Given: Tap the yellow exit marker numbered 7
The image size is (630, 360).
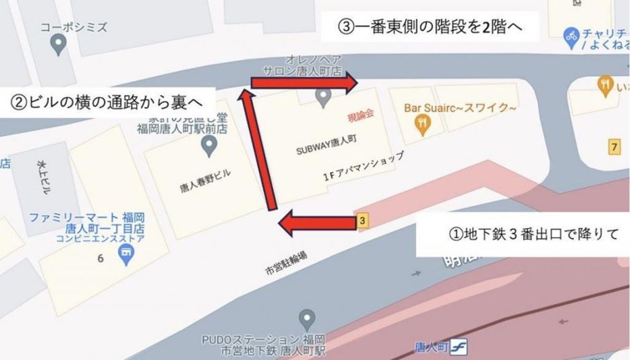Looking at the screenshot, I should tap(613, 147).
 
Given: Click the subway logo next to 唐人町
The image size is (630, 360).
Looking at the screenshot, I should tap(460, 348).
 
